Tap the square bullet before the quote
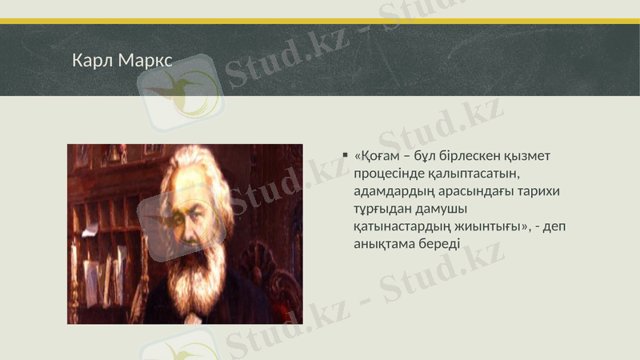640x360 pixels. click(343, 155)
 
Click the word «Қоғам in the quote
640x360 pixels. click(378, 155)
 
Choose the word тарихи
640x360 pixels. click(539, 191)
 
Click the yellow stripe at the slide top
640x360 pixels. click(320, 21)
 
